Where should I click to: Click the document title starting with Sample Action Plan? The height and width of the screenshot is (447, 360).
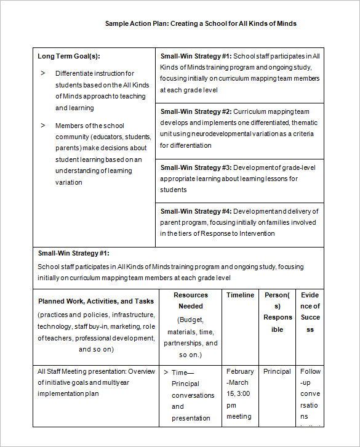coord(201,23)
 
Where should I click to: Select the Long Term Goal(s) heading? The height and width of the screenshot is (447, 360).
coord(68,56)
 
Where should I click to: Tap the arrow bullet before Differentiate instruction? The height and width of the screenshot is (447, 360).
coord(43,73)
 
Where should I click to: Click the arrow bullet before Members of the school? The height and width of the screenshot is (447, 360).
coord(43,125)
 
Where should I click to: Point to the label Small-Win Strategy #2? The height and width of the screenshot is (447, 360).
coord(196,111)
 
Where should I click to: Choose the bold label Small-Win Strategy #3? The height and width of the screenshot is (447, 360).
coord(196,167)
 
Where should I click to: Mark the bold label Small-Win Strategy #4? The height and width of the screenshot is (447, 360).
coord(196,211)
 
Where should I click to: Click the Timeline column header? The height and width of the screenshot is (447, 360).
coord(240,295)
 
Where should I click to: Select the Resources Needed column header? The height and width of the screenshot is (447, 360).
coord(190,300)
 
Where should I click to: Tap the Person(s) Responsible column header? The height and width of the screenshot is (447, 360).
coord(278,312)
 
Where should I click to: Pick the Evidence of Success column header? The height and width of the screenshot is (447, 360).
coord(310,312)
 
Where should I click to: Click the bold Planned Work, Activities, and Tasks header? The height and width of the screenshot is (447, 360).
coord(96,301)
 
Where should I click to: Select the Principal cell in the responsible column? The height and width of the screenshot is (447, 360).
coord(277,371)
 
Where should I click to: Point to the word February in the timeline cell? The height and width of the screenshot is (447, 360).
coord(240,371)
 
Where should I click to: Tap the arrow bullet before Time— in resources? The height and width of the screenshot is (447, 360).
coord(166,372)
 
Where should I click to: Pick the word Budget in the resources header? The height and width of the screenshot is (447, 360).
coord(191,320)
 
